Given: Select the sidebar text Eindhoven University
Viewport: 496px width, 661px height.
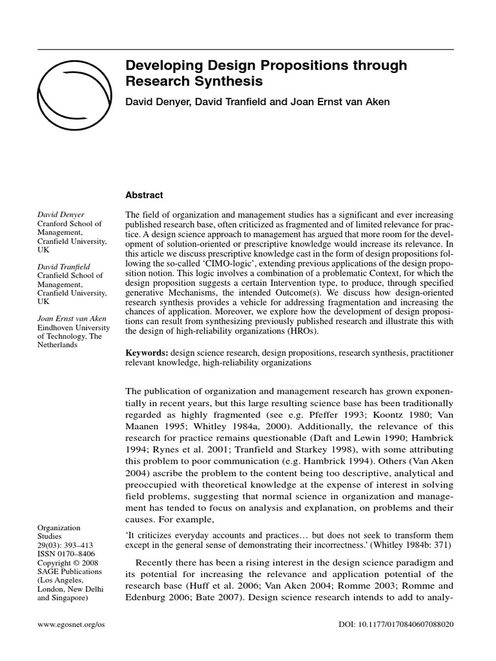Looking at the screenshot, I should click(x=74, y=327).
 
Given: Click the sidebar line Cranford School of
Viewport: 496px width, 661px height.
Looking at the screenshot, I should click(x=70, y=224).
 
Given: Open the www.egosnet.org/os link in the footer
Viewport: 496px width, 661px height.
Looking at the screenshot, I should click(x=71, y=625).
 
